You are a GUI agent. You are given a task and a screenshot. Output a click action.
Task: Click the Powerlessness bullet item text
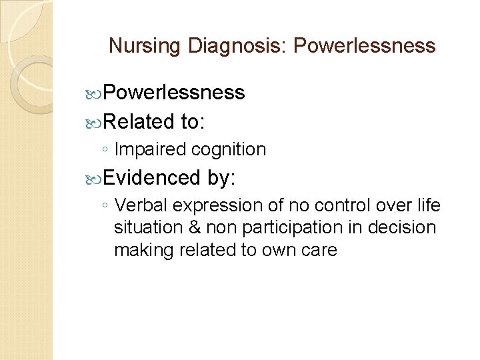175,93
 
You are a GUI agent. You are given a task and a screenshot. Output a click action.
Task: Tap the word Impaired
150,149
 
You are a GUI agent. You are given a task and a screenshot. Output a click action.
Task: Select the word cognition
229,149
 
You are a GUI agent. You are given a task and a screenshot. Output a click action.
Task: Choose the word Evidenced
152,178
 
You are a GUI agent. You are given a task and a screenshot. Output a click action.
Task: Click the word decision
405,228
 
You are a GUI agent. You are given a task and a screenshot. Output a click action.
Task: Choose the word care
318,251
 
